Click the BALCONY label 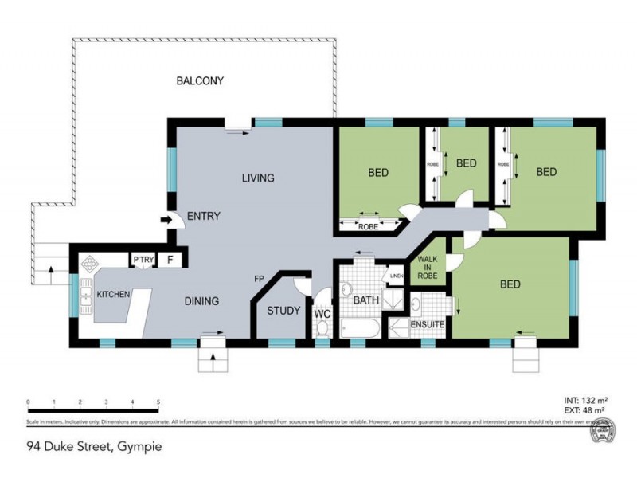(x=200, y=81)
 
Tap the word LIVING (x=258, y=178)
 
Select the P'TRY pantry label (x=143, y=260)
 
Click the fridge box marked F (x=170, y=260)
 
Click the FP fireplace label (x=259, y=279)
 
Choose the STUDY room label (x=283, y=311)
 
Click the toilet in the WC (x=322, y=327)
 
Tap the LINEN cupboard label (x=396, y=276)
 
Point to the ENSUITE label (x=428, y=325)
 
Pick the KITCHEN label (x=113, y=295)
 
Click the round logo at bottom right (x=600, y=432)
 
